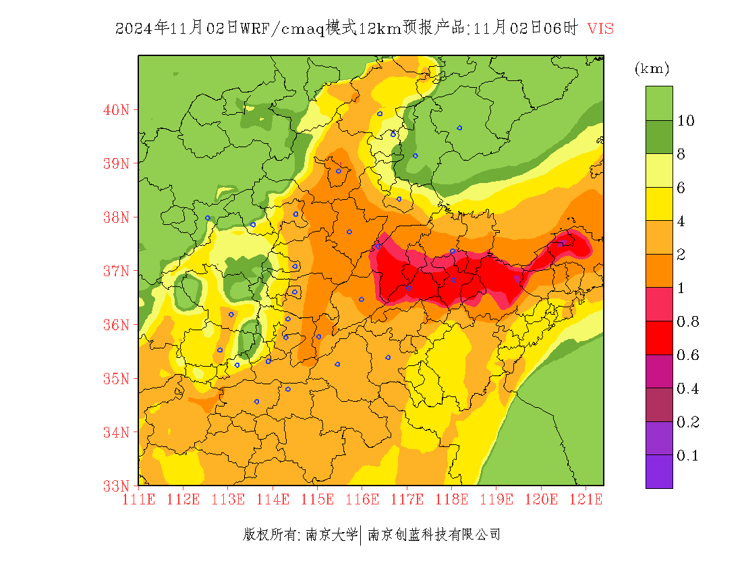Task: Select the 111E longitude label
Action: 139,500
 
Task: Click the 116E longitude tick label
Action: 362,500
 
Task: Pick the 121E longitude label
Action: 586,500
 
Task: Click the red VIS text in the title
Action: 600,28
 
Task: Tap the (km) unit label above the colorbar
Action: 652,68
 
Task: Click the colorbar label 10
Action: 686,121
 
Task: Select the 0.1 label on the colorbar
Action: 687,456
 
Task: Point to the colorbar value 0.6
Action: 687,355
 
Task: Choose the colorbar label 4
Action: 681,221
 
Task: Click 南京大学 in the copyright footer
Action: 331,535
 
